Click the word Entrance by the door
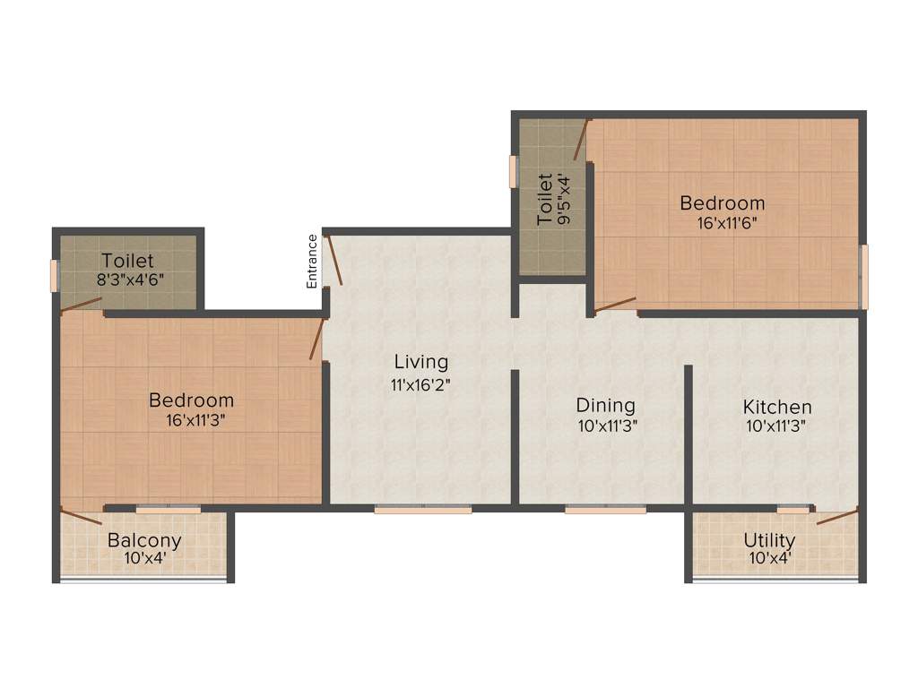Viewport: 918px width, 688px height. coord(312,261)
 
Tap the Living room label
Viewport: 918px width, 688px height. coord(421,362)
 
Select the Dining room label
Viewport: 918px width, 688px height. coord(606,406)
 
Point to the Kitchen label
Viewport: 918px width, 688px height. coord(777,407)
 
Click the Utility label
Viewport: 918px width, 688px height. coord(769,540)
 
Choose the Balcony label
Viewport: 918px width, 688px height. coord(144,540)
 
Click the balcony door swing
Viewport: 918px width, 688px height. coord(81,517)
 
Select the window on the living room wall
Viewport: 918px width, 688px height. coord(423,510)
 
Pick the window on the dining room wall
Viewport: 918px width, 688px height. coord(605,510)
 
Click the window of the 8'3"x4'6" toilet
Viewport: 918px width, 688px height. coord(55,275)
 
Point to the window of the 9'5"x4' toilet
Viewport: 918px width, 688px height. coord(513,172)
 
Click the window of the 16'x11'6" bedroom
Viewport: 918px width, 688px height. coord(864,276)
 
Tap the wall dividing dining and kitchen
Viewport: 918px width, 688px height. coord(688,434)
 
